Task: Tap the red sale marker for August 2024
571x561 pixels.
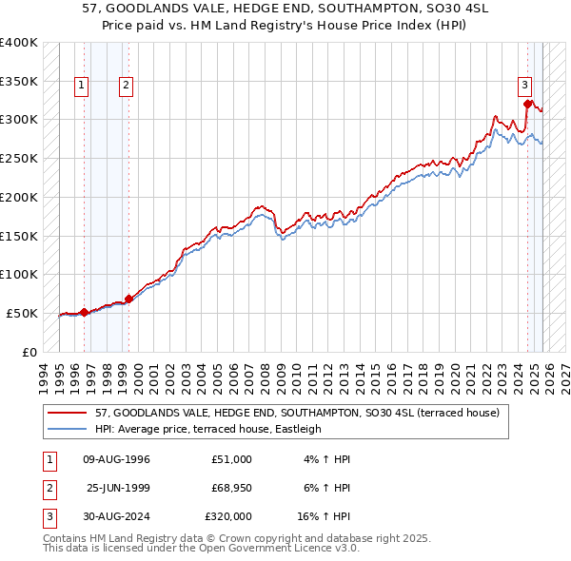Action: (527, 104)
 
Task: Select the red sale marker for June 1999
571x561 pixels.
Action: (128, 299)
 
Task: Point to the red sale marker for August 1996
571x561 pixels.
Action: (84, 312)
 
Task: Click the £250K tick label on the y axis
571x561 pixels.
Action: (18, 158)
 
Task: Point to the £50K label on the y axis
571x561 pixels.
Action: (22, 313)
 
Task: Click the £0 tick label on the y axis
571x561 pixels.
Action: (28, 352)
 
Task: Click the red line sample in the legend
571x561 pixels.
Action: (68, 413)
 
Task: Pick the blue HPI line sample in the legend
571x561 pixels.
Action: (68, 429)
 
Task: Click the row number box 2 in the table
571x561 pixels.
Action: (49, 488)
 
